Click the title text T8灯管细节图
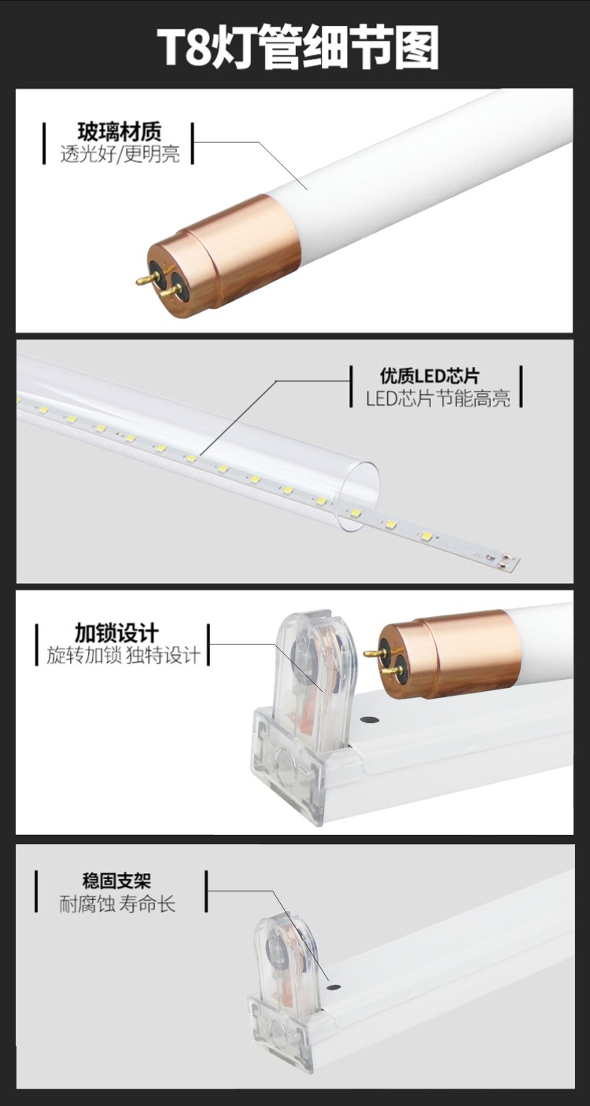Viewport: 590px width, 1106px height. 298,48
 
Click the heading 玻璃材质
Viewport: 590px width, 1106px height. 119,131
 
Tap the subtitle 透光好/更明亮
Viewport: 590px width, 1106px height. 120,153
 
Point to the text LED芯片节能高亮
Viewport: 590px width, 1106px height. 438,399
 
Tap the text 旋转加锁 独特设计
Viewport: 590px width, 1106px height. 124,655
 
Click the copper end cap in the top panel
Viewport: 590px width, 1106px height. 236,251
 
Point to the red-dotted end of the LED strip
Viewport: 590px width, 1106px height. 504,560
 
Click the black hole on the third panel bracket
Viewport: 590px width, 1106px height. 367,719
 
